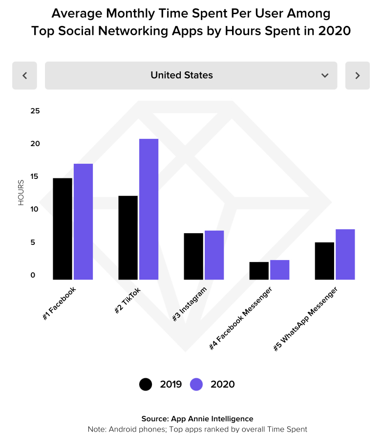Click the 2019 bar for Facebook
63,229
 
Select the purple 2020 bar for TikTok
149,209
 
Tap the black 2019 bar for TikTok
128,238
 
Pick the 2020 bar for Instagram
214,255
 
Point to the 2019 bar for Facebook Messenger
259,271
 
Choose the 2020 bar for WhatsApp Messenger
345,254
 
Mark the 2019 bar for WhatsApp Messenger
324,261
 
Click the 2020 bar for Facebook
83,221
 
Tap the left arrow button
25,75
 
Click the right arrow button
357,75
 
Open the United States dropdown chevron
325,75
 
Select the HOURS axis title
21,193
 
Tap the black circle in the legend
146,384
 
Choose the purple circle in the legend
196,384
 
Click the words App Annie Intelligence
212,419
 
